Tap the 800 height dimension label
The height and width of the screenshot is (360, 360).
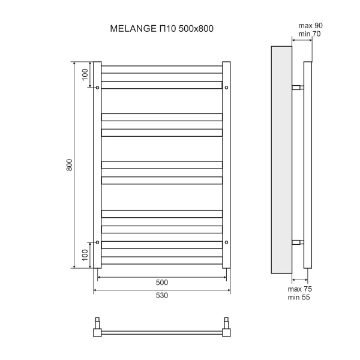pyautogui.click(x=69, y=165)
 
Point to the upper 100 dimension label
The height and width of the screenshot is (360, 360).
pyautogui.click(x=85, y=74)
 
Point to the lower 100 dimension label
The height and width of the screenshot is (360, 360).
pyautogui.click(x=85, y=256)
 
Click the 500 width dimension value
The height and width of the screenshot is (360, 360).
pyautogui.click(x=161, y=282)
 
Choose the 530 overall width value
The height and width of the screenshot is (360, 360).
pyautogui.click(x=161, y=295)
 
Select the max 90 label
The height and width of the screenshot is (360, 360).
pyautogui.click(x=310, y=25)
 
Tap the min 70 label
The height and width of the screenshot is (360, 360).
pyautogui.click(x=310, y=34)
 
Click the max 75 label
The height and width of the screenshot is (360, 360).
pyautogui.click(x=300, y=289)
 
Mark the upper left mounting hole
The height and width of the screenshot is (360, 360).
pyautogui.click(x=97, y=88)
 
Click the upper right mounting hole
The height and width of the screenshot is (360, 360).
pyautogui.click(x=226, y=88)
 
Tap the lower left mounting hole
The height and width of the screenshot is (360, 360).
pyautogui.click(x=97, y=242)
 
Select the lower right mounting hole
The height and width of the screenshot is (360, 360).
pyautogui.click(x=226, y=242)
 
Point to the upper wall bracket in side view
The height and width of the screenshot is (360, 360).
pyautogui.click(x=298, y=88)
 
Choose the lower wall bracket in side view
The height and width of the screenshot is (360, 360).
pyautogui.click(x=298, y=242)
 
